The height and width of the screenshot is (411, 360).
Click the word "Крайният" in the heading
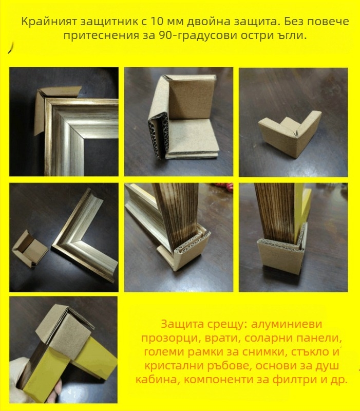pos(49,22)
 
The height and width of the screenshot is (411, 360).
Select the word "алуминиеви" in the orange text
pos(287,324)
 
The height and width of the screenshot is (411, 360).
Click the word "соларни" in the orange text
pos(266,338)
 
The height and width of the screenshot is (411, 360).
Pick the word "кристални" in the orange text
pos(172,366)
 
